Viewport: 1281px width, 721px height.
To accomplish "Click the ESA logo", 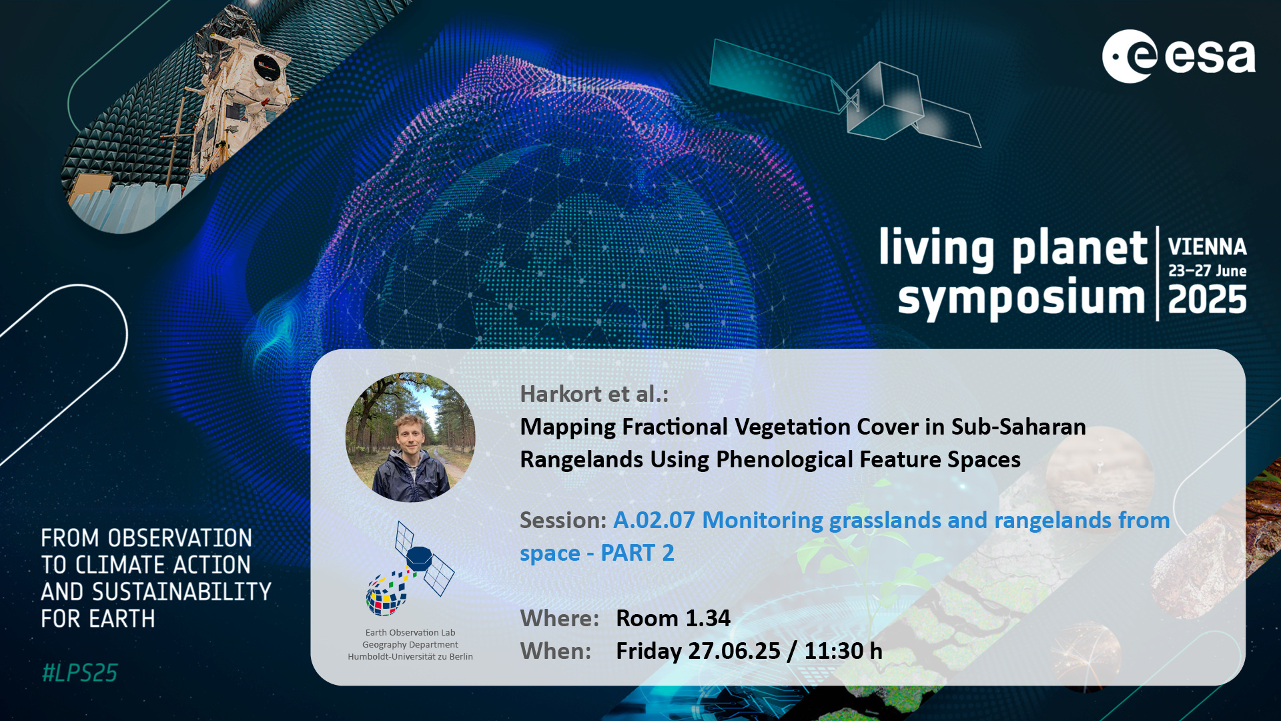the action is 1178,56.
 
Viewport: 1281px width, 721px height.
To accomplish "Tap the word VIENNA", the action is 1207,247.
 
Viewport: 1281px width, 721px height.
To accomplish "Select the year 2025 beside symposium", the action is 1207,299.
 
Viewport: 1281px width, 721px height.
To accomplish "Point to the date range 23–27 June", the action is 1207,270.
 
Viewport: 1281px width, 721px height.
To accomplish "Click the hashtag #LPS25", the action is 79,673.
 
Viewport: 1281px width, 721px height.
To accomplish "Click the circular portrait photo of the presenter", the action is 410,437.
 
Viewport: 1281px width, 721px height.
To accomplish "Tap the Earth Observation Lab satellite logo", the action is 410,569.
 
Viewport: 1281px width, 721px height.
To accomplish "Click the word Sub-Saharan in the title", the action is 1019,427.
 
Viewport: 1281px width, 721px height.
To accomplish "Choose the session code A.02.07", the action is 654,520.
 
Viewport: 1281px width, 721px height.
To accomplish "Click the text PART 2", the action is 637,553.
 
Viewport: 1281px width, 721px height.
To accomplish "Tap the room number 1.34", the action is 708,618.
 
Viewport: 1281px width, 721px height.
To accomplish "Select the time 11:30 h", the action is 843,651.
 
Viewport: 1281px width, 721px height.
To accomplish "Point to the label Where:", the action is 559,618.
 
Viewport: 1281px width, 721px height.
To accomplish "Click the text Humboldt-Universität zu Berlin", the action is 410,657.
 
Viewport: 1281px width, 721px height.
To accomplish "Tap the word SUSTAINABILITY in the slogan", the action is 182,592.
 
